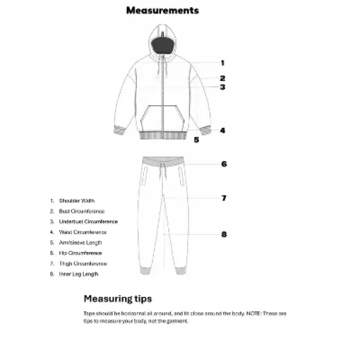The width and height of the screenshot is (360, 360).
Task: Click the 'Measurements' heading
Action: click(x=162, y=11)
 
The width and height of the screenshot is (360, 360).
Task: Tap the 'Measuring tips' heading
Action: click(x=118, y=298)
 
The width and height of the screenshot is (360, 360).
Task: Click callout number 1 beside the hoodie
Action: click(x=223, y=63)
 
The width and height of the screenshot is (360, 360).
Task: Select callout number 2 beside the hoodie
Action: click(x=223, y=78)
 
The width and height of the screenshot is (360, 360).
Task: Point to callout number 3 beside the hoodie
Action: click(x=223, y=86)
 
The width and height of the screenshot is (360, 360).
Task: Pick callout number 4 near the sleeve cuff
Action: click(x=223, y=130)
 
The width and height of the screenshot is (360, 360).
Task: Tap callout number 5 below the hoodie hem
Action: click(x=196, y=139)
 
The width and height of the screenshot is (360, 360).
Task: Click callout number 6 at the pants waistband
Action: click(x=223, y=164)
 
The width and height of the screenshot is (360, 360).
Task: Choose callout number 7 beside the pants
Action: click(x=223, y=198)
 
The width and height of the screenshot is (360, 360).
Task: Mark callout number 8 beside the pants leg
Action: click(x=223, y=234)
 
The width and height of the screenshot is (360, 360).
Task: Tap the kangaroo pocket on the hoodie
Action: click(x=161, y=116)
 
